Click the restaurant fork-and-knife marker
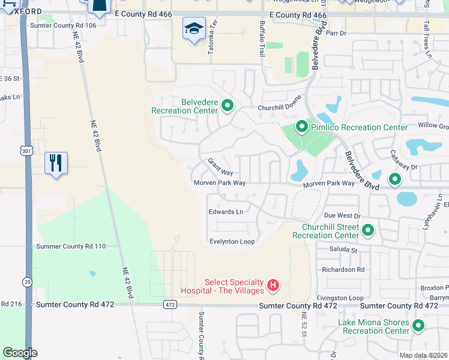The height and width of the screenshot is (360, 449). tap(56, 163)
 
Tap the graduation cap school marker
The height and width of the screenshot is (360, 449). tap(194, 29)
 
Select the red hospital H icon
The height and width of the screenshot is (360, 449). tap(273, 284)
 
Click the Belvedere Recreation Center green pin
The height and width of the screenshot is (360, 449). tap(228, 106)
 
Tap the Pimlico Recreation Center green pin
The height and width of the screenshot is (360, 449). tap(301, 127)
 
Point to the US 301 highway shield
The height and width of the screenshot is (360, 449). tap(24, 149)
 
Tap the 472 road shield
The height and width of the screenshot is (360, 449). tap(170, 305)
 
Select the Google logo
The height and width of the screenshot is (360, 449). tap(20, 353)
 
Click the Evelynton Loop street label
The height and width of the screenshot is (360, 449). tap(232, 241)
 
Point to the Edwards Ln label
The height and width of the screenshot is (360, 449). tap(226, 212)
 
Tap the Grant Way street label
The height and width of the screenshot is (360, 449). tap(220, 167)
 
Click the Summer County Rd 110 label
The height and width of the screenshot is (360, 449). tap(71, 246)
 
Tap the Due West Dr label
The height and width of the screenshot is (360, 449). tap(341, 215)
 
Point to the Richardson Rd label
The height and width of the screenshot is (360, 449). tap(343, 269)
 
